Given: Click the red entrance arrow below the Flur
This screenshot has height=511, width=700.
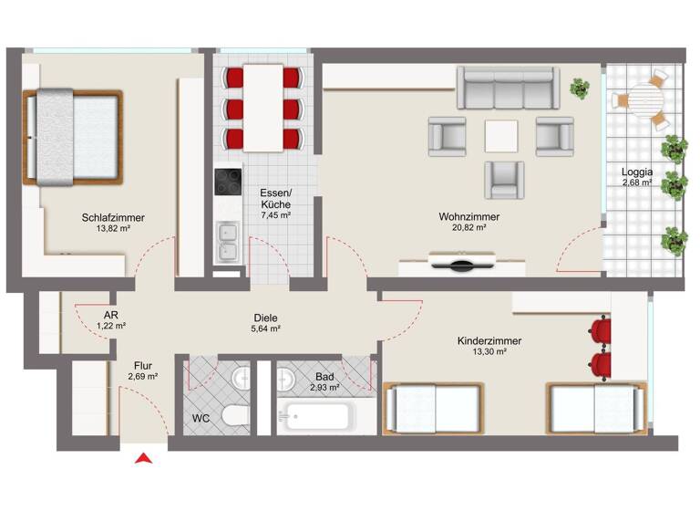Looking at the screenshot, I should click(x=143, y=459).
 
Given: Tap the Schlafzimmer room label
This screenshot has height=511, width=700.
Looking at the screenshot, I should click(x=113, y=217).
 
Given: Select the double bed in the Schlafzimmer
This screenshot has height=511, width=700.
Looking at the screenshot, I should click(x=73, y=136).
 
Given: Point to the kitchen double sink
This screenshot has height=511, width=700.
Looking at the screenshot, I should click(x=227, y=243).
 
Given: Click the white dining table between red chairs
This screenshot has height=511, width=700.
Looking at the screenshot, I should click(x=263, y=107).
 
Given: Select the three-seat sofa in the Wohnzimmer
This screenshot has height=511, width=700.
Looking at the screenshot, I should click(x=506, y=89).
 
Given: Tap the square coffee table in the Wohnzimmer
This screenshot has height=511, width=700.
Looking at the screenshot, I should click(x=502, y=136).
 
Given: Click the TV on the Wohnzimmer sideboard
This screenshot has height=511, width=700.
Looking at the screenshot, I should click(x=463, y=266).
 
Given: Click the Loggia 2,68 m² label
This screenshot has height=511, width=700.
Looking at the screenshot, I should click(x=637, y=177).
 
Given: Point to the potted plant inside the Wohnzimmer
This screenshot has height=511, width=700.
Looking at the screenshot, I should click(x=579, y=88).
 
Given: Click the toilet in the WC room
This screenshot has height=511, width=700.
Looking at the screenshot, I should click(x=234, y=418).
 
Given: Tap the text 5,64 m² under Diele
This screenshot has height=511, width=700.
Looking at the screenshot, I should click(x=266, y=328).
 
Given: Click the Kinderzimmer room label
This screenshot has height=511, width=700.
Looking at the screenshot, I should click(x=489, y=341).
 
